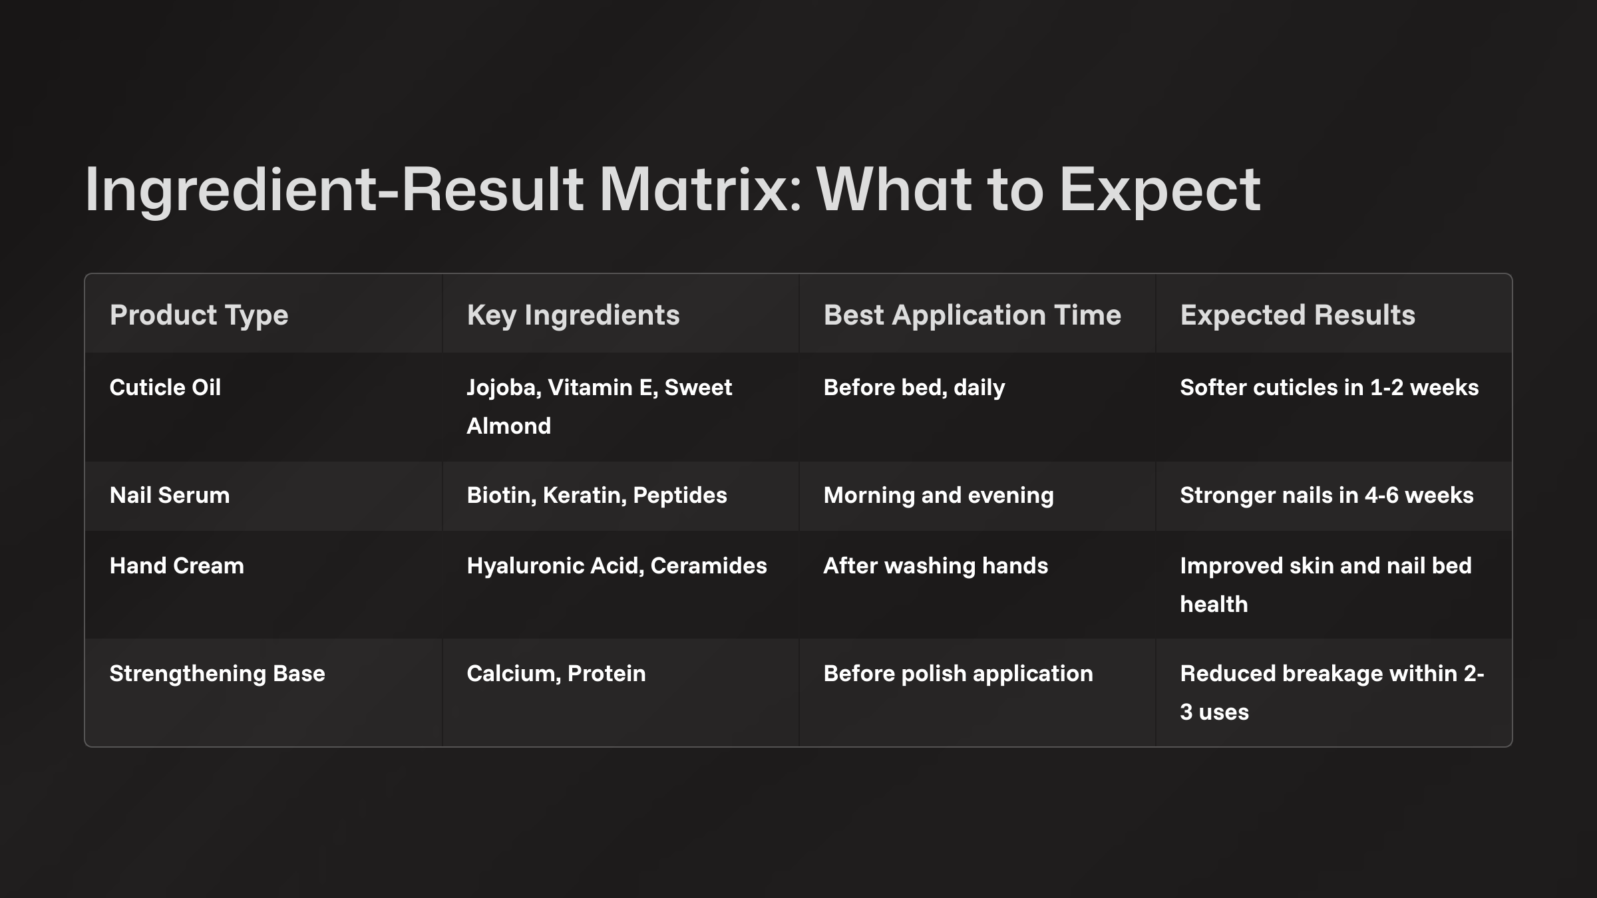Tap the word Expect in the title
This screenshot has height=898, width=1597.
pos(1159,190)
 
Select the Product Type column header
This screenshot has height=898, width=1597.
pos(199,315)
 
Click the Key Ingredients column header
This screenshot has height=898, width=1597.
pos(573,315)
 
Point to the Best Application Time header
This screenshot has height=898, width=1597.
pos(972,315)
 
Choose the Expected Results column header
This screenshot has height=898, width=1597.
pos(1298,315)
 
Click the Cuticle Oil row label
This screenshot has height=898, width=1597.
pos(165,387)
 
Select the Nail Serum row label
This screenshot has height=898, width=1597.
pos(170,495)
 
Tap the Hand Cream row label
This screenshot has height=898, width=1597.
pos(177,565)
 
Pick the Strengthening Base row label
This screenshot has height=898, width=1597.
pos(218,673)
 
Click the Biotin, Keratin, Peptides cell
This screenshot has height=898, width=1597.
pos(597,495)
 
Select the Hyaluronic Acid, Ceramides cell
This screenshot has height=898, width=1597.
pos(617,565)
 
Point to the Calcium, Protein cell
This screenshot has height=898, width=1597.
pos(556,673)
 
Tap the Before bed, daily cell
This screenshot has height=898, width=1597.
pos(914,387)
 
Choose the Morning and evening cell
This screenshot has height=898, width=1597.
pos(939,495)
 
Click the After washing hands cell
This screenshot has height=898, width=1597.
pos(936,565)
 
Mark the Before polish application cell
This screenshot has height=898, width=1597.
pos(958,673)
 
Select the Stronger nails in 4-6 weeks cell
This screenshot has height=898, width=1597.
pos(1327,495)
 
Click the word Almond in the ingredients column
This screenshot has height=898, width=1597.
pos(509,426)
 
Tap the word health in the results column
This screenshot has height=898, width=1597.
pos(1214,604)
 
